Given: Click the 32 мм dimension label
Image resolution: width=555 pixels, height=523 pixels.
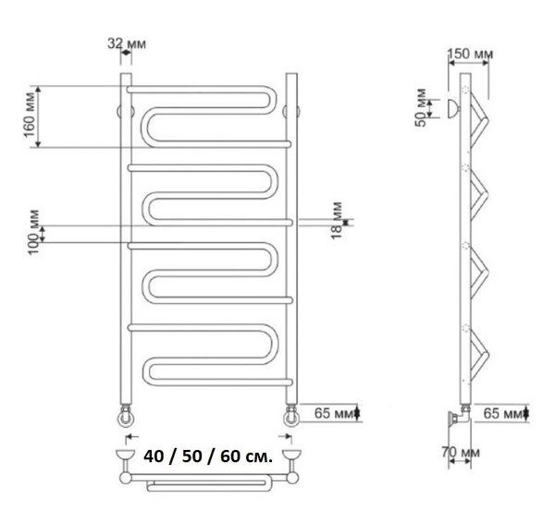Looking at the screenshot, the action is point(127,43).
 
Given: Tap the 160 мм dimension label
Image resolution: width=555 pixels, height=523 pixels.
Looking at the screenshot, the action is point(31,115).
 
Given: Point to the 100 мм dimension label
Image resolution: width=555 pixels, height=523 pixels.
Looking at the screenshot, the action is point(34,232).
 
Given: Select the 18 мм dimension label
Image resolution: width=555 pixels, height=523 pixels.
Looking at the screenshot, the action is point(338,220).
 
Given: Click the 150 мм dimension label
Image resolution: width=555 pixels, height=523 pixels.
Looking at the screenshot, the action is point(470,54).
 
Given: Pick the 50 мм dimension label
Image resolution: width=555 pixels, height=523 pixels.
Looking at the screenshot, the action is point(421,107).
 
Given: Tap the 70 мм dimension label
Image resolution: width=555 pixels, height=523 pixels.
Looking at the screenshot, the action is point(461,452).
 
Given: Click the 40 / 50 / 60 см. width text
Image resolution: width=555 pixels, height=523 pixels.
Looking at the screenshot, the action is point(208,456).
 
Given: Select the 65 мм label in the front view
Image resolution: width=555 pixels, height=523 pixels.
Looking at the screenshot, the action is point(334,413).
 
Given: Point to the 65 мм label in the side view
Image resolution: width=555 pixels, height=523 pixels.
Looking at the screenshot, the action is point(503,413).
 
